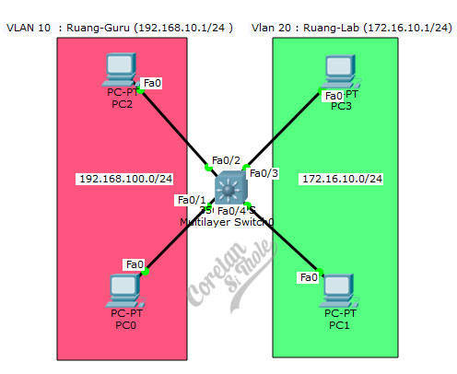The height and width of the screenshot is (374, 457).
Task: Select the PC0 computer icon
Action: [123, 289]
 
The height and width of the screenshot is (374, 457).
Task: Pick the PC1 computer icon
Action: [339, 288]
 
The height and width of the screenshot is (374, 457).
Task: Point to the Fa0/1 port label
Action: [192, 200]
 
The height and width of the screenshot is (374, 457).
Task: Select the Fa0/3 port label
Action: [264, 173]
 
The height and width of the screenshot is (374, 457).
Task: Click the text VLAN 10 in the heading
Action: [29, 28]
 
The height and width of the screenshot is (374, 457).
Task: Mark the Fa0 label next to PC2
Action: [152, 83]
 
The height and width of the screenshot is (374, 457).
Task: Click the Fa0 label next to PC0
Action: [135, 264]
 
